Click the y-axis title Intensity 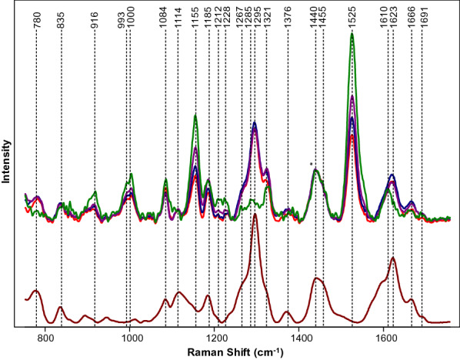click(7, 160)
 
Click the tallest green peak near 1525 click(352, 34)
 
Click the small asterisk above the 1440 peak click(311, 164)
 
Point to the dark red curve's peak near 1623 click(393, 258)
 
